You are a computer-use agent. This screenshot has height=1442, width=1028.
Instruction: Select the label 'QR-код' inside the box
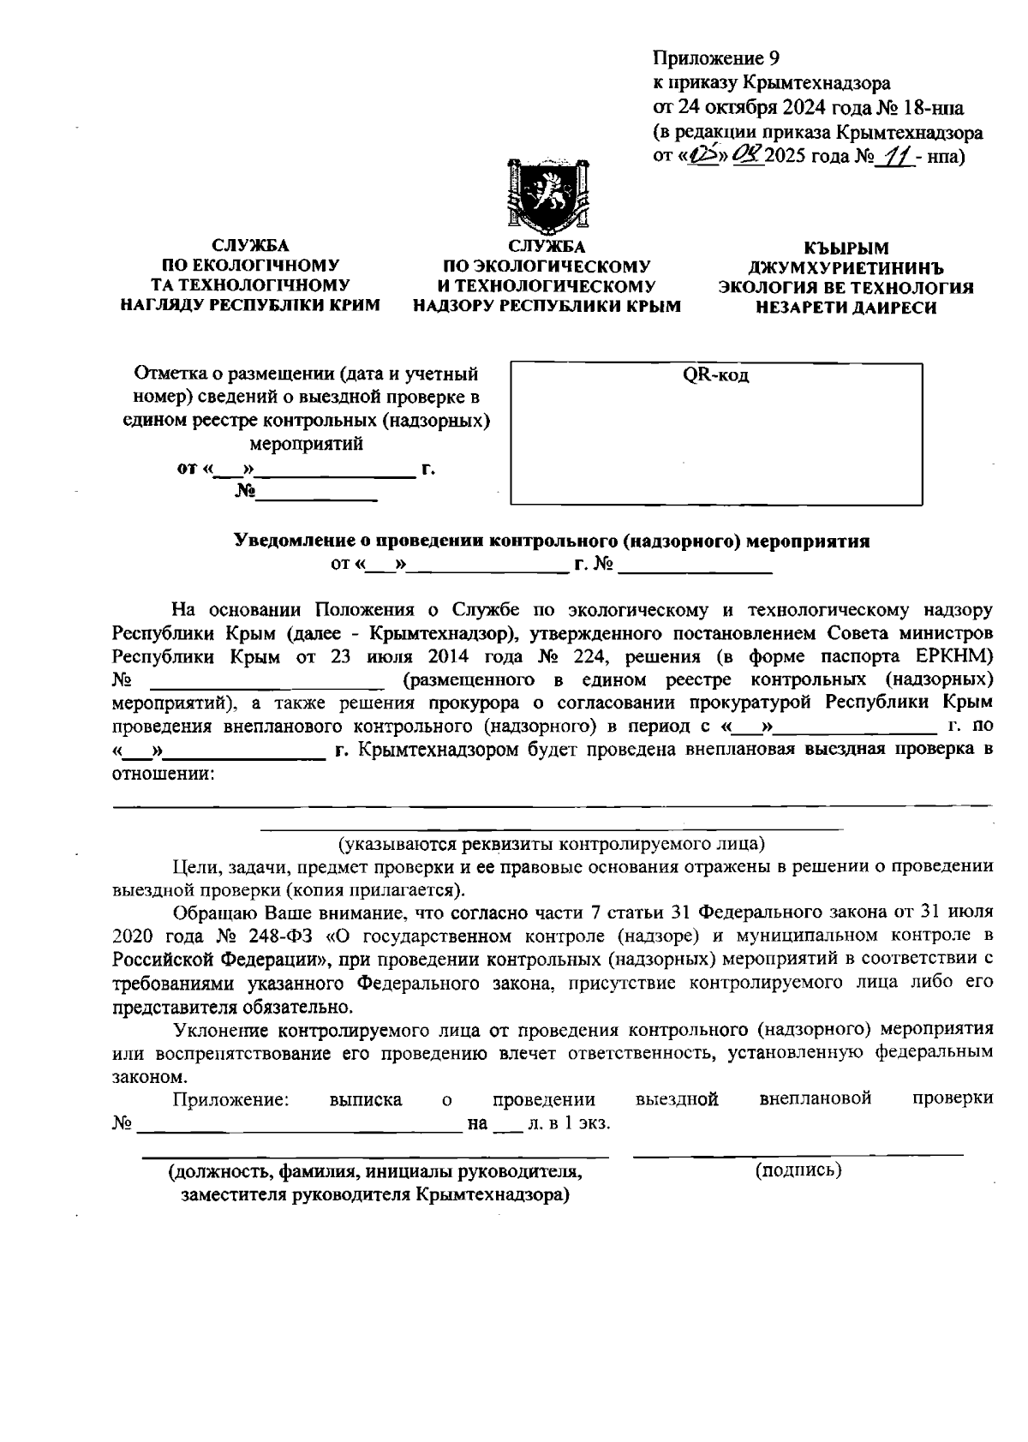pos(715,375)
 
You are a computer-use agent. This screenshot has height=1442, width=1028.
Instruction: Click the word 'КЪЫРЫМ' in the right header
pos(846,248)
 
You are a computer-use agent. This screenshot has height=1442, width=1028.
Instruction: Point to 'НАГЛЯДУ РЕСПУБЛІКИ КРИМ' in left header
pos(250,305)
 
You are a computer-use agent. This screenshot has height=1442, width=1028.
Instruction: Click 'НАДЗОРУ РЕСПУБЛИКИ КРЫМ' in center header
pos(547,306)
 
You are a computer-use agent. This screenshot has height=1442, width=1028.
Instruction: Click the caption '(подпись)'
pos(798,1170)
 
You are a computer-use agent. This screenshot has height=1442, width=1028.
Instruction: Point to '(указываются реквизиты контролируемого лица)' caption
pos(552,843)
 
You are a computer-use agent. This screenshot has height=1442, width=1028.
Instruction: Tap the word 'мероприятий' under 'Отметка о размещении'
pos(306,445)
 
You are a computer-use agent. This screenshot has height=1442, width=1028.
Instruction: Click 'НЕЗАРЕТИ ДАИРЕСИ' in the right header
pos(846,308)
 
